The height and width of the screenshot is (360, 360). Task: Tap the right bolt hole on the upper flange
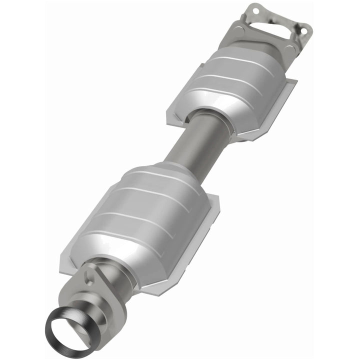[302, 30]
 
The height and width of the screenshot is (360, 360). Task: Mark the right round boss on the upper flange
[302, 30]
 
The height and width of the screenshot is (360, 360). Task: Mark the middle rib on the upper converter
[235, 80]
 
